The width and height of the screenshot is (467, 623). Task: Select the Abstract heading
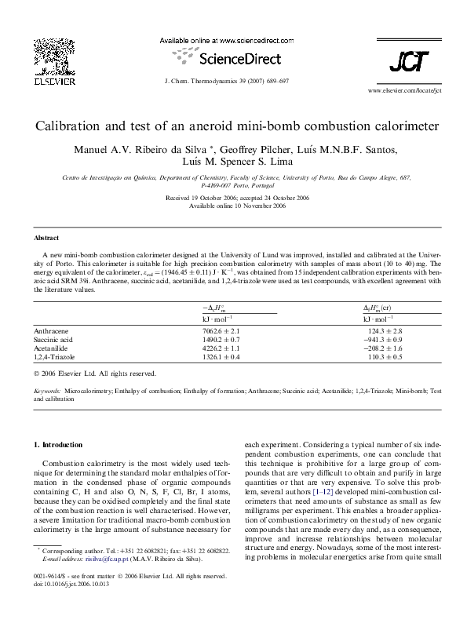coord(46,237)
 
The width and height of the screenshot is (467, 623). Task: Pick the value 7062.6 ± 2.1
coord(226,332)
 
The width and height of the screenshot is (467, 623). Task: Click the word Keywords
coord(48,390)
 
